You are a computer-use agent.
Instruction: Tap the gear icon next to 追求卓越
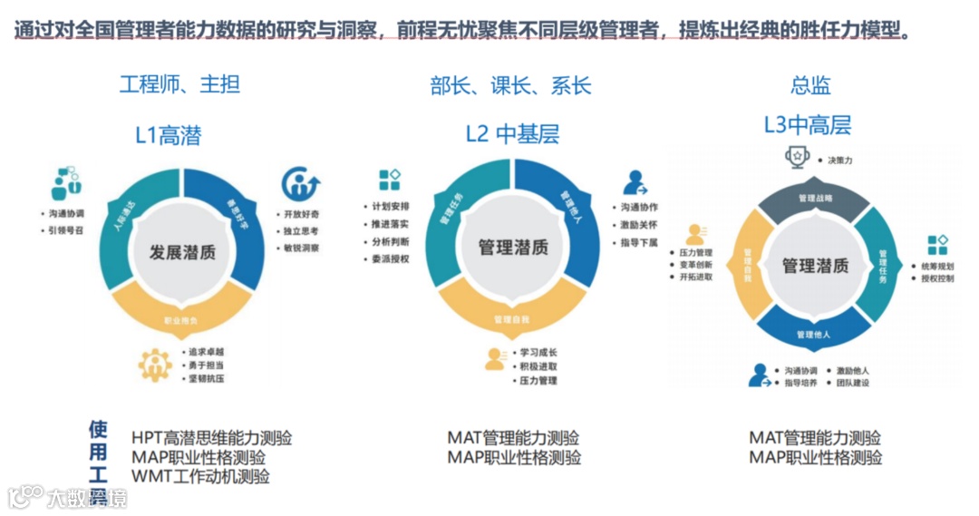[x=155, y=365]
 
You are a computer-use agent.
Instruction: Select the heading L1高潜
[x=169, y=136]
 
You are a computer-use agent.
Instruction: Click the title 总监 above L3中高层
[x=810, y=86]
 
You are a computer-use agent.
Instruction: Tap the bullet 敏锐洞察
[x=300, y=246]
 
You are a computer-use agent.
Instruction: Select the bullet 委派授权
[x=390, y=258]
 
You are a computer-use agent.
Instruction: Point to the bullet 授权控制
[x=936, y=278]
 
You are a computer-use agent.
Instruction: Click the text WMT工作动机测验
[x=200, y=476]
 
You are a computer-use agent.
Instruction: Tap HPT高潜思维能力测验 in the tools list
[x=211, y=438]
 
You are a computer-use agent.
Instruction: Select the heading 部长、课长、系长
[x=510, y=86]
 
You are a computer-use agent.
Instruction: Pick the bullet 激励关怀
[x=639, y=225]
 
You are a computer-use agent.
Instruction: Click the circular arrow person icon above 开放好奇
[x=300, y=184]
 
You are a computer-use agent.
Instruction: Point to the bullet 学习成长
[x=538, y=352]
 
